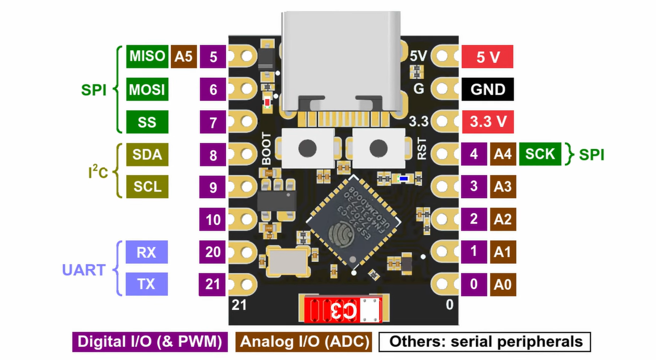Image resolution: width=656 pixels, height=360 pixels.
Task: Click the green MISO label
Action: coord(147,56)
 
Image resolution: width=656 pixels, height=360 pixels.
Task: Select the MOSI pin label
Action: coord(147,90)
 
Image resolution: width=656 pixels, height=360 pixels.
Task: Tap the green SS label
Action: coord(147,122)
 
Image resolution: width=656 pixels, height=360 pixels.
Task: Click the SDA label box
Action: coord(147,154)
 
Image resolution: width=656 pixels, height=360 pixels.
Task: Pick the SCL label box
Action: coord(147,187)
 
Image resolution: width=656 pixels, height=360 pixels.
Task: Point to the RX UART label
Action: coord(146,252)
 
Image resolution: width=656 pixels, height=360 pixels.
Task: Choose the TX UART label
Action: coord(146,284)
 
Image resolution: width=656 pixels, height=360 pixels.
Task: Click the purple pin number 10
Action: coord(213,220)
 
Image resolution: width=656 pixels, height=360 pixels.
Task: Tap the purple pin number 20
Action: coord(213,252)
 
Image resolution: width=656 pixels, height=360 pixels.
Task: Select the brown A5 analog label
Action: coord(183,57)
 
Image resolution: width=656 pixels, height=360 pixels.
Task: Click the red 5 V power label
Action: coord(488,57)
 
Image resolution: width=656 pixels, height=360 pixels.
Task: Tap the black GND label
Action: coord(488,89)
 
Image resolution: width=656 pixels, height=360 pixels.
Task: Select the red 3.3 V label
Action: coord(488,122)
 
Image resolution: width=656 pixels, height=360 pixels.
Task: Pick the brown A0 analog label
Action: coord(503,284)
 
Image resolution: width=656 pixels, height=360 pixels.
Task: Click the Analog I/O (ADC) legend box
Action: coord(305,342)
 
